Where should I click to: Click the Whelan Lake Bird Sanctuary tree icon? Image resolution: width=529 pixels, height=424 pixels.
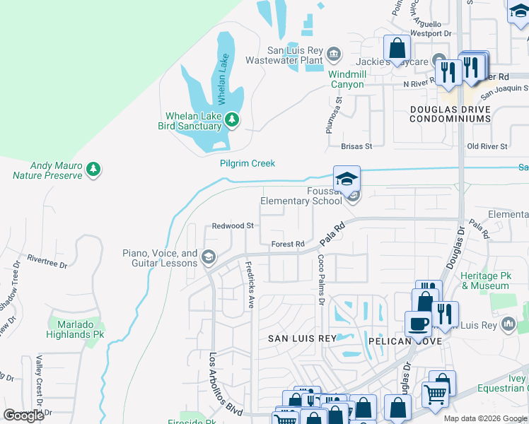pyautogui.click(x=231, y=121)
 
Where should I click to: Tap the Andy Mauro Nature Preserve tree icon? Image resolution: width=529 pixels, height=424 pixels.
pyautogui.click(x=93, y=170)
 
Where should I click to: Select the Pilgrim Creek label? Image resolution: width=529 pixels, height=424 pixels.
pyautogui.click(x=245, y=164)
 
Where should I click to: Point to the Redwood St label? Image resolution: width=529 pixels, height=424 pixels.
pyautogui.click(x=233, y=226)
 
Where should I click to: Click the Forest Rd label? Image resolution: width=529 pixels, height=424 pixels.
pyautogui.click(x=288, y=245)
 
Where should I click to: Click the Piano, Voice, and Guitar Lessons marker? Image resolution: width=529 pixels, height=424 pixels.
pyautogui.click(x=207, y=258)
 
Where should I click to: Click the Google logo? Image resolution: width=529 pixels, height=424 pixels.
pyautogui.click(x=23, y=416)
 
